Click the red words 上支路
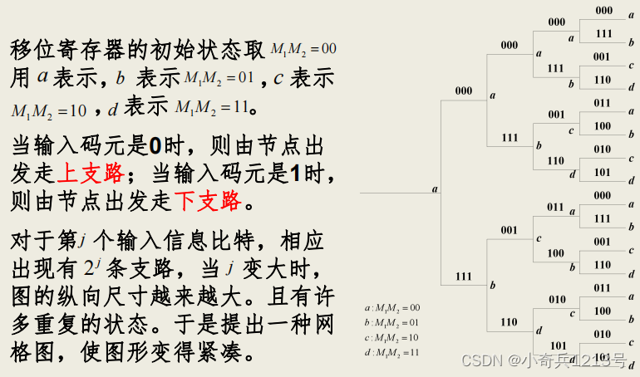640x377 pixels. [x=91, y=173]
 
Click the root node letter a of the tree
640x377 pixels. [x=435, y=189]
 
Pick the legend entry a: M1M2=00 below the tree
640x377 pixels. [x=392, y=307]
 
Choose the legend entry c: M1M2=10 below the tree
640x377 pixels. [x=392, y=337]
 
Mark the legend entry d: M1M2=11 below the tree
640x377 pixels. [x=392, y=352]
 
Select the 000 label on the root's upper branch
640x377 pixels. [x=464, y=91]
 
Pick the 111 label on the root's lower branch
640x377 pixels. [x=464, y=275]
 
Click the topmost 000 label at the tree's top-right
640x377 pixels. [x=603, y=11]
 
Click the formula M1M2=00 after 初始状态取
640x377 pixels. [x=303, y=50]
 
